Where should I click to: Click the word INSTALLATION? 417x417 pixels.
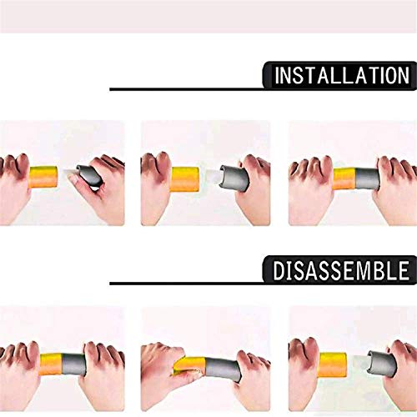[x=342, y=75]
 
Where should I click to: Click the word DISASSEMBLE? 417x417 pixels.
[x=341, y=270]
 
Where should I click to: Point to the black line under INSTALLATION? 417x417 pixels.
[x=187, y=89]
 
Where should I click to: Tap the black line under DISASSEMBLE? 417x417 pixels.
[x=187, y=284]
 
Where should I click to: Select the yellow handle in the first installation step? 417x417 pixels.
[x=43, y=177]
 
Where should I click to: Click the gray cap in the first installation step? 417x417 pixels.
[x=89, y=176]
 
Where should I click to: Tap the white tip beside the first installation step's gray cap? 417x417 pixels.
[x=70, y=173]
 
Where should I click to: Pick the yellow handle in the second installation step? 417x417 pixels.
[x=185, y=179]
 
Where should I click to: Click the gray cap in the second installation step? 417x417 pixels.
[x=234, y=178]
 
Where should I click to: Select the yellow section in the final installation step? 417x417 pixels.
[x=344, y=178]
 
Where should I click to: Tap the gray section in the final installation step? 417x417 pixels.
[x=368, y=178]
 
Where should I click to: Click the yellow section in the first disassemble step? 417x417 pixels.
[x=51, y=364]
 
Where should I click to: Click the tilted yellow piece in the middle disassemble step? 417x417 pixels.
[x=189, y=365]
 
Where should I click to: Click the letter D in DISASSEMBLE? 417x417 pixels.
[x=278, y=270]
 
